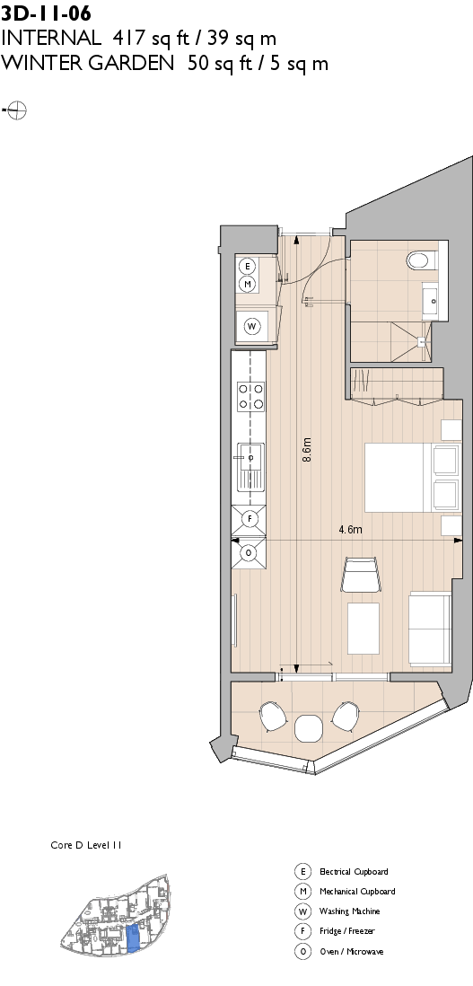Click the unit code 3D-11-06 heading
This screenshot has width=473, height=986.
click(46, 12)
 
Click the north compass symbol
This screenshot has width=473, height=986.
click(16, 110)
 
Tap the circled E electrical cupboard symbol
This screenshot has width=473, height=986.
click(248, 266)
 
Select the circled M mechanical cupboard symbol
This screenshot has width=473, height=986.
click(248, 284)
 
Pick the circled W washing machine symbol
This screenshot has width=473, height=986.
click(252, 326)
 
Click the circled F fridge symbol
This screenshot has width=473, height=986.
click(250, 519)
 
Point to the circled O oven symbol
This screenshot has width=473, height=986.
click(250, 554)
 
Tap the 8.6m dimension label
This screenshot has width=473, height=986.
click(306, 450)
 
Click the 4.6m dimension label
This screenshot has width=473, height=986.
click(350, 530)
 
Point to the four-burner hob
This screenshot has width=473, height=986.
click(250, 396)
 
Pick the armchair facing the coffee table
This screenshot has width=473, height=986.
click(361, 575)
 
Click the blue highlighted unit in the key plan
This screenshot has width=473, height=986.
click(132, 938)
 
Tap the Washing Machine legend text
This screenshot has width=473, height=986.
click(350, 911)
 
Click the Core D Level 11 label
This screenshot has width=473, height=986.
click(85, 846)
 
